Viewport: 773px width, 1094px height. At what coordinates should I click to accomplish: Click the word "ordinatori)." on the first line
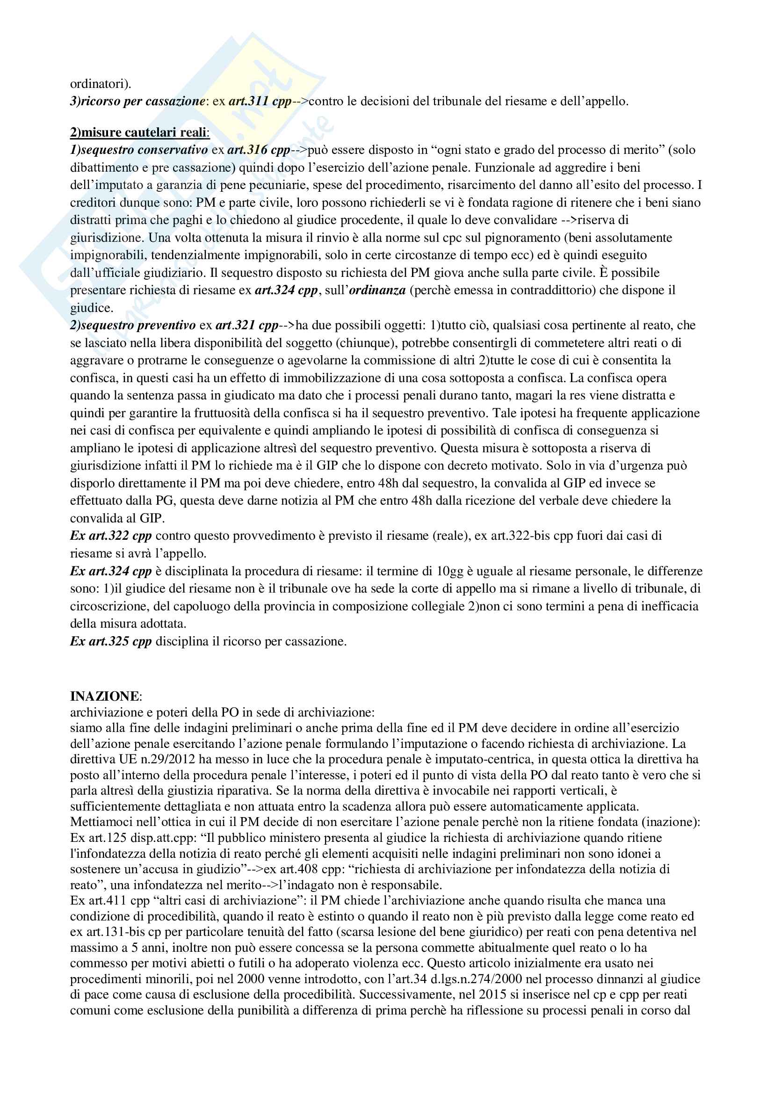coord(101,84)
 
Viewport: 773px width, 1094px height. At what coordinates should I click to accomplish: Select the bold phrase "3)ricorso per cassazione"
coord(137,101)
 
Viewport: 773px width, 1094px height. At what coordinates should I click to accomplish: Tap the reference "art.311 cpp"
coord(260,101)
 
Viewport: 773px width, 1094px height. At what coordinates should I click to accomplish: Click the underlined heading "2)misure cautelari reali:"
coord(139,132)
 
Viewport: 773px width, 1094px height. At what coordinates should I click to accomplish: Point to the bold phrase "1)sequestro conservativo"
coord(138,150)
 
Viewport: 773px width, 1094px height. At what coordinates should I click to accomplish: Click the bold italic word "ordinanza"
coord(377,290)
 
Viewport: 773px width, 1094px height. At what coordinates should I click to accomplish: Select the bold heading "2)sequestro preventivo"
coord(133,325)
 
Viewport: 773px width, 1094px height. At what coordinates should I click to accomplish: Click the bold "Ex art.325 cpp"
coord(110,641)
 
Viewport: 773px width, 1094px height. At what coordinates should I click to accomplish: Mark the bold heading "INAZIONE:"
coord(105,696)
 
